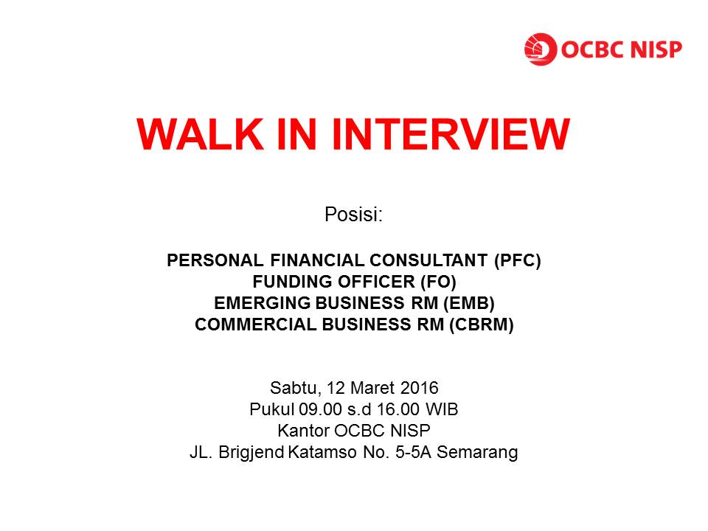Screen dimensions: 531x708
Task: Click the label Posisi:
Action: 354,215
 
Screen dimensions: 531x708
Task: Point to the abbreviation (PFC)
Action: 514,260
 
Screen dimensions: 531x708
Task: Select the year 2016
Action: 420,387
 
